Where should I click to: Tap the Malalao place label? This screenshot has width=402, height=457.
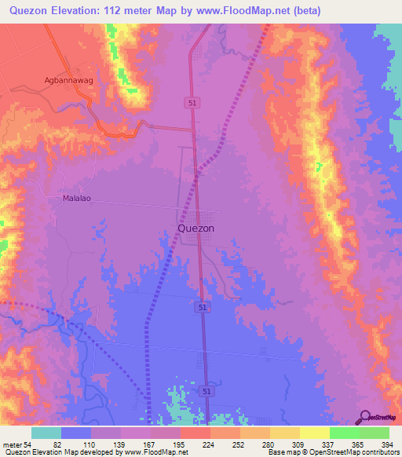coord(77,198)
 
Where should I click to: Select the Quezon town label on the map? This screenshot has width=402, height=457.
coord(192,228)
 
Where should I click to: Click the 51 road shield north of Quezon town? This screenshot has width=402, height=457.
coord(192,103)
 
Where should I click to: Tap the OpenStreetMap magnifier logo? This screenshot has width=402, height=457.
coord(364,416)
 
